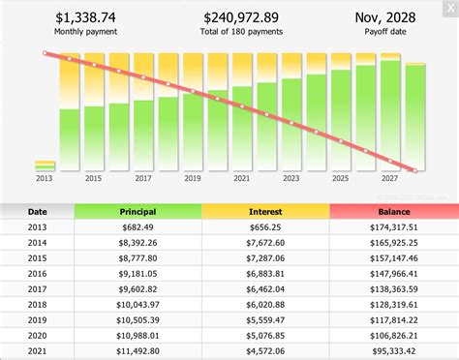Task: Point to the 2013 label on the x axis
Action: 45,179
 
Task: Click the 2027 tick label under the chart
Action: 390,179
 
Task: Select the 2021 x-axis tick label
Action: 242,179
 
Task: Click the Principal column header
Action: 138,211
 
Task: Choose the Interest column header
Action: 264,211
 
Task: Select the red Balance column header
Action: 392,211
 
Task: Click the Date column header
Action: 37,211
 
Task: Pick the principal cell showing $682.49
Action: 138,228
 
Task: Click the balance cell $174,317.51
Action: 392,228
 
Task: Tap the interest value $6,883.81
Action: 264,274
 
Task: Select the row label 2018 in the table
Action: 37,305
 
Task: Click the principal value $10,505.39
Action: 138,320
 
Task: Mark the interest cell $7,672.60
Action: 264,244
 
